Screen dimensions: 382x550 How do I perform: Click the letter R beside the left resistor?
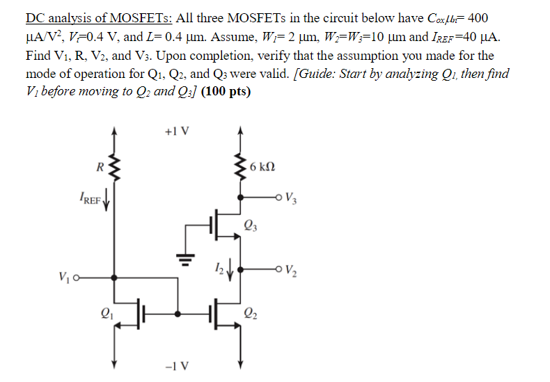tap(101, 166)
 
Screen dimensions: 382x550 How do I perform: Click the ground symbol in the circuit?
tap(184, 259)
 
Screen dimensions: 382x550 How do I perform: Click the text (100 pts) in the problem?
tap(226, 92)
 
